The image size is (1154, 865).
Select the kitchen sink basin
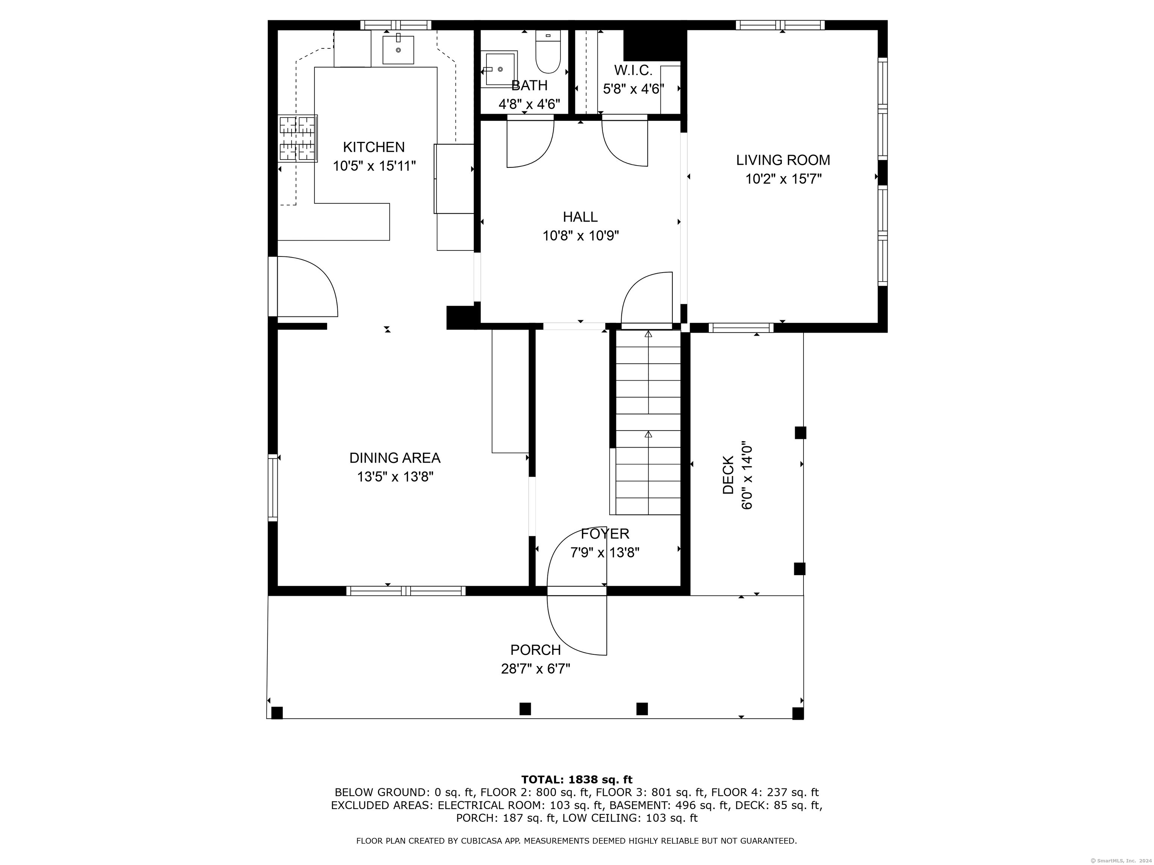(398, 50)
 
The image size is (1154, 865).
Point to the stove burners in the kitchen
(298, 139)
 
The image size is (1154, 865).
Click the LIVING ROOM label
(783, 160)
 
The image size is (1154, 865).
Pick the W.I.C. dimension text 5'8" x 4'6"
(633, 89)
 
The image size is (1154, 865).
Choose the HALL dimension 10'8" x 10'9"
(581, 236)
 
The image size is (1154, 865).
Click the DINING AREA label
(395, 458)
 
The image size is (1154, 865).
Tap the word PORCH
(535, 650)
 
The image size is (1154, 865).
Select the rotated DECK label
(728, 475)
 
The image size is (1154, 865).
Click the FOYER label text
(605, 533)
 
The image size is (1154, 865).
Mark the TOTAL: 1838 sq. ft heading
(577, 779)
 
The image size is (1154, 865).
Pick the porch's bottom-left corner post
(277, 713)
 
